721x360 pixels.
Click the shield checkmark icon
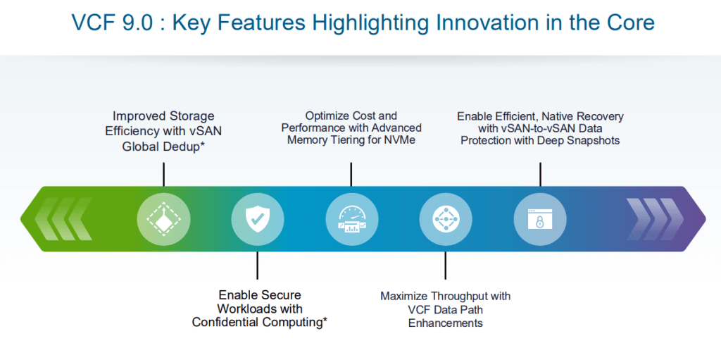pos(258,220)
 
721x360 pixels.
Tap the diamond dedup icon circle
pos(163,220)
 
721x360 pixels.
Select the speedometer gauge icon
pos(351,220)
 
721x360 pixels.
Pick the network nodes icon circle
pos(446,220)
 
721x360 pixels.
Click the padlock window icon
pos(540,220)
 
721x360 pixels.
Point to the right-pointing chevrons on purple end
pos(652,220)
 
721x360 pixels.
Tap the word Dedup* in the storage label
pos(186,146)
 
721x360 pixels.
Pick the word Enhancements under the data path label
pos(446,323)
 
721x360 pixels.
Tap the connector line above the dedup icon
pos(163,173)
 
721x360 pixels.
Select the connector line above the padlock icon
pos(540,173)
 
